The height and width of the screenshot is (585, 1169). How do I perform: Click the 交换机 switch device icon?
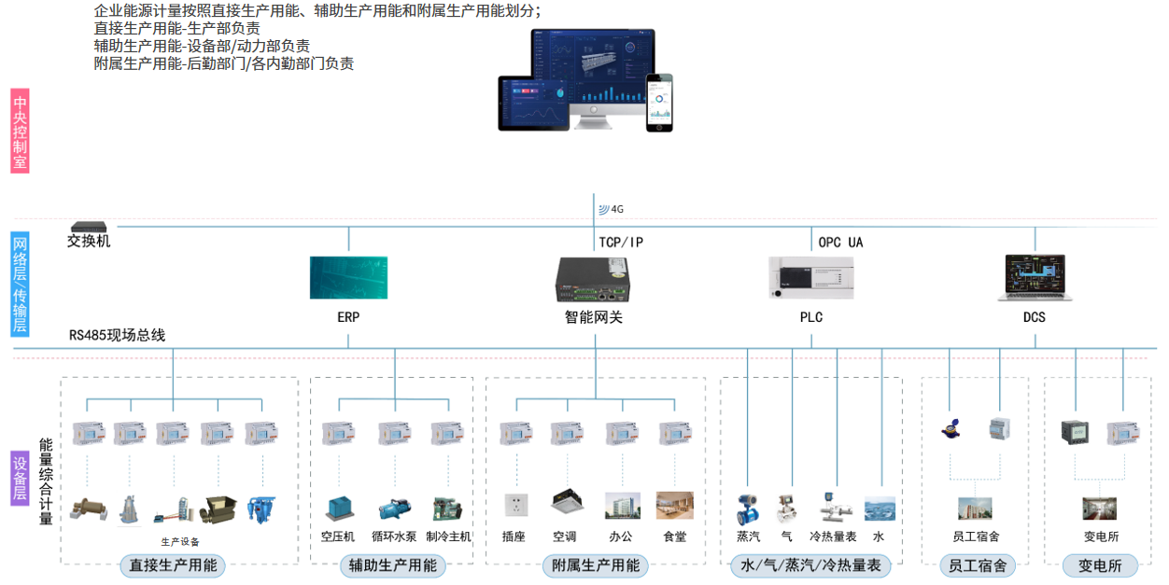click(x=90, y=227)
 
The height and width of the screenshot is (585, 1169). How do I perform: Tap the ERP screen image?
click(x=348, y=277)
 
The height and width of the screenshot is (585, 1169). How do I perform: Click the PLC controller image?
click(x=810, y=279)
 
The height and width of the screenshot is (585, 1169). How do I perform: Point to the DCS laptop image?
click(x=1034, y=277)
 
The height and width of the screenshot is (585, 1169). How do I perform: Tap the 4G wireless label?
click(x=612, y=209)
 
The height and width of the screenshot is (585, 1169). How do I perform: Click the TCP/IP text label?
click(x=621, y=243)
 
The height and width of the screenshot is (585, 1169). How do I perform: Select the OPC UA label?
click(x=840, y=243)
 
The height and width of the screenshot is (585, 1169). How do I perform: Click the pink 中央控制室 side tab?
click(x=20, y=131)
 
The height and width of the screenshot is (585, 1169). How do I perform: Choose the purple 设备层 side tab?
click(x=20, y=480)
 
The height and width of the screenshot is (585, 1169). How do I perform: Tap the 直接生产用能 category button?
click(x=173, y=565)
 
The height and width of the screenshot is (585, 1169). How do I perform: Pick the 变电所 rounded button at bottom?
click(x=1099, y=565)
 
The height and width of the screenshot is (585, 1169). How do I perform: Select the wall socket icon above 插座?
click(x=515, y=506)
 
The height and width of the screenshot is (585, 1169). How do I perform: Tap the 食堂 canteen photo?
click(x=674, y=506)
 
